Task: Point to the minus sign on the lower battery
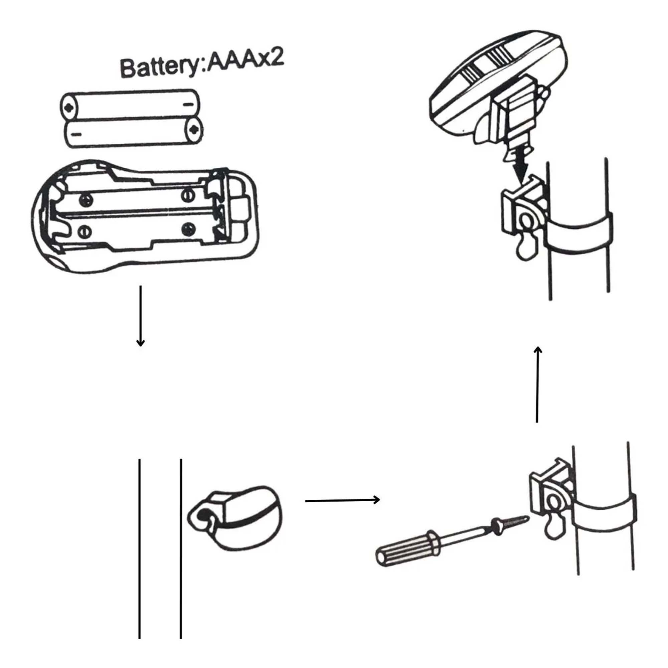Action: pyautogui.click(x=77, y=134)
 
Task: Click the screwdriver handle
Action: pyautogui.click(x=408, y=550)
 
